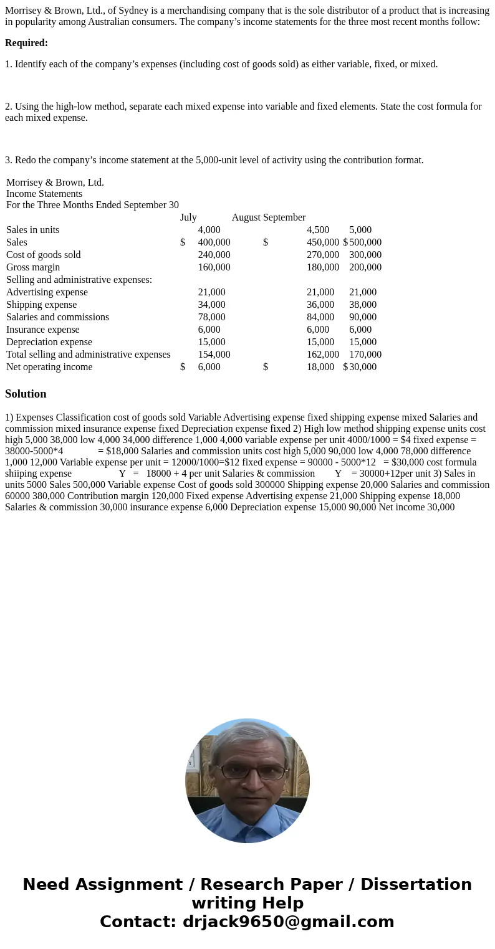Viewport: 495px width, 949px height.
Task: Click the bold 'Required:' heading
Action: click(x=26, y=43)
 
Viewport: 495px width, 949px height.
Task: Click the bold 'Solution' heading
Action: click(x=26, y=394)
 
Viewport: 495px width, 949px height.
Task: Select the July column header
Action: click(x=188, y=217)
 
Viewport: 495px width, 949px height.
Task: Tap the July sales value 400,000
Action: click(x=214, y=242)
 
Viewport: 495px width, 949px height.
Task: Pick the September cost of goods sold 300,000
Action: click(x=365, y=255)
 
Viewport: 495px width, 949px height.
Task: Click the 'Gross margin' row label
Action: click(x=33, y=267)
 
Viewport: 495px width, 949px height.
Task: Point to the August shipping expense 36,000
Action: click(x=320, y=305)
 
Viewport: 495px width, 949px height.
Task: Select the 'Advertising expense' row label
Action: click(x=47, y=292)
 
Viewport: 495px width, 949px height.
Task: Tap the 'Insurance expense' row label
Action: click(x=43, y=330)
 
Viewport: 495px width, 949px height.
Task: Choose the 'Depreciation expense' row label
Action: click(x=49, y=342)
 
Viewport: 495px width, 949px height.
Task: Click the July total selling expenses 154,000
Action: click(x=214, y=355)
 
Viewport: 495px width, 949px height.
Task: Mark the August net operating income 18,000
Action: click(x=320, y=367)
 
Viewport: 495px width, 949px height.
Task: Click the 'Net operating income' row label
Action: click(x=49, y=367)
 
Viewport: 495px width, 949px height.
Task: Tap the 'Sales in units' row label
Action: click(x=32, y=230)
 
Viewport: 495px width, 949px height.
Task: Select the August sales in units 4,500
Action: click(x=318, y=230)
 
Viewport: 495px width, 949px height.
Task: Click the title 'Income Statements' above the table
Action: click(x=44, y=194)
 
